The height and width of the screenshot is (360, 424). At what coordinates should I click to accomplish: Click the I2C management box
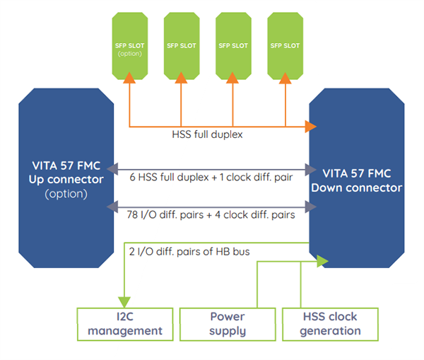pyautogui.click(x=124, y=323)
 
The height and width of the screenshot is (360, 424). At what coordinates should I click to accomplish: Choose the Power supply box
pyautogui.click(x=228, y=323)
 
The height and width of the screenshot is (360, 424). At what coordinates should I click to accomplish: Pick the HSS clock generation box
pyautogui.click(x=331, y=323)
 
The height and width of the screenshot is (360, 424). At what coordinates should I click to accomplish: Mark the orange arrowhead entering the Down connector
pyautogui.click(x=310, y=127)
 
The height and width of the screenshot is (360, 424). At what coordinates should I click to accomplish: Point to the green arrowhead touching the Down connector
pyautogui.click(x=323, y=262)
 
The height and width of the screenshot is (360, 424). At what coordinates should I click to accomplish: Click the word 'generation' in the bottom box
pyautogui.click(x=331, y=330)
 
